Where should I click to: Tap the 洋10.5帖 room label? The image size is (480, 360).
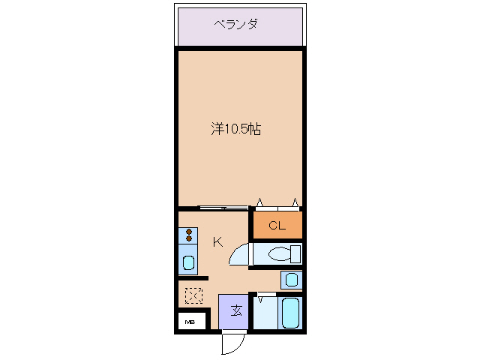(x=235, y=129)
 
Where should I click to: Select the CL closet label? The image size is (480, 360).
(x=277, y=226)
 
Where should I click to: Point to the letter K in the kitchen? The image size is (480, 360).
(x=217, y=241)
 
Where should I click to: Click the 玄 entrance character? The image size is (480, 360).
(x=235, y=310)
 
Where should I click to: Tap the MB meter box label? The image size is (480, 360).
(x=190, y=322)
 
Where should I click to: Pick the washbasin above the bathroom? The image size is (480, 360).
(x=290, y=280)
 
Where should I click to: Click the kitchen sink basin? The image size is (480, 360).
(x=188, y=264)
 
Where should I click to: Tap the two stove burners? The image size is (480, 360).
(x=188, y=235)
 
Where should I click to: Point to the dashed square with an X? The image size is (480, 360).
(x=193, y=296)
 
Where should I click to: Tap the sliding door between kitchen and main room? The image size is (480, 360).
(x=223, y=208)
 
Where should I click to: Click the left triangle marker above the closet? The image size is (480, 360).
(x=259, y=202)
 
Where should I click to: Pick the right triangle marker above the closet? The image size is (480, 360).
(x=295, y=202)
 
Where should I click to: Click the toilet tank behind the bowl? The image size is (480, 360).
(x=295, y=253)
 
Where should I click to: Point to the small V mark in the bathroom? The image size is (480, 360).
(x=260, y=300)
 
